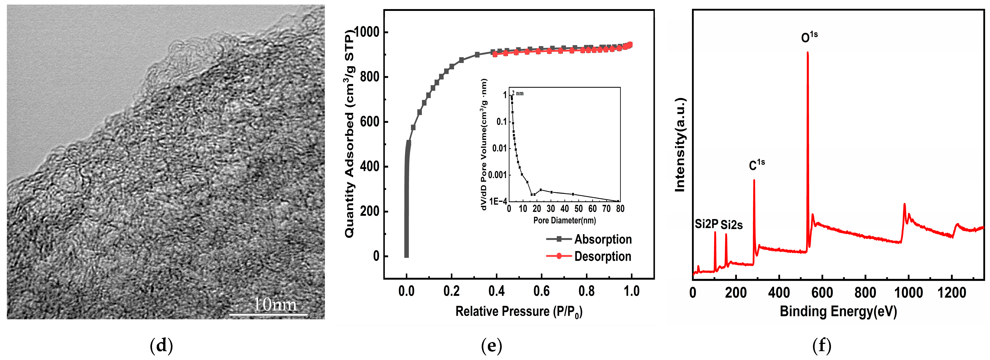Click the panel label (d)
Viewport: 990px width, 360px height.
161,346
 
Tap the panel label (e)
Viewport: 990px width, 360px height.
491,346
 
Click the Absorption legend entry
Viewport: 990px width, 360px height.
603,239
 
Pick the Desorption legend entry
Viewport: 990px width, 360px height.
603,256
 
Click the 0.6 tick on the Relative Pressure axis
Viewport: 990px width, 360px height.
541,291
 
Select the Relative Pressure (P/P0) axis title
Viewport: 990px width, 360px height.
519,311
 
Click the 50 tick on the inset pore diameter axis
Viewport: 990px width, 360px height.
579,209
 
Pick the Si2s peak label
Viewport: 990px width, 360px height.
731,225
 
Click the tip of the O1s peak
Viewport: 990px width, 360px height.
808,53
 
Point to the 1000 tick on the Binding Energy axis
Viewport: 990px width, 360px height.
908,293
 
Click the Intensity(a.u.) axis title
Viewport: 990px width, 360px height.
680,144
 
